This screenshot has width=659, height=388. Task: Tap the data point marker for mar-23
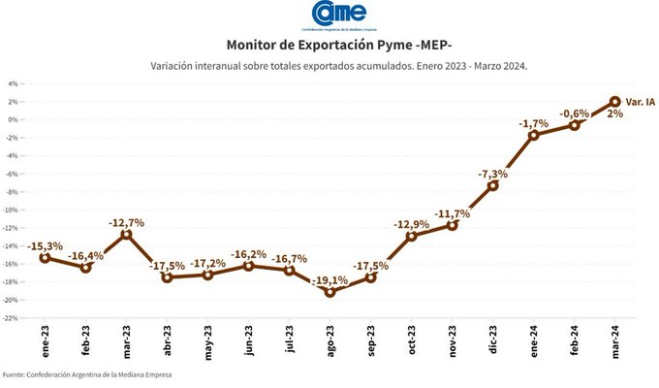[x=126, y=234]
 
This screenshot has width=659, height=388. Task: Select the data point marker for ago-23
[x=330, y=292]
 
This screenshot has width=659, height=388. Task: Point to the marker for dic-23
[x=492, y=185]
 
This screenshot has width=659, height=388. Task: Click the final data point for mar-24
[x=615, y=101]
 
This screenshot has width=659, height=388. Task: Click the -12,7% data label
[x=126, y=222]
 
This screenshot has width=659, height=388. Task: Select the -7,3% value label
[x=493, y=174]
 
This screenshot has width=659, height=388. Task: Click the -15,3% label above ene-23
[x=46, y=246]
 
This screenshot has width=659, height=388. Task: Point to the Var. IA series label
[x=640, y=101]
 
